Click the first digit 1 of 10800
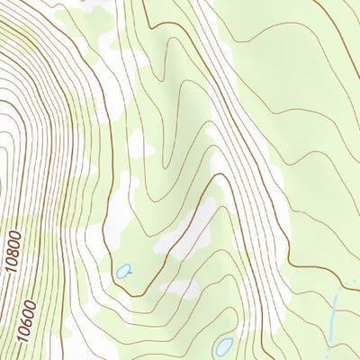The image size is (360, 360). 14,270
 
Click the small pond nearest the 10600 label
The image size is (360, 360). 122,270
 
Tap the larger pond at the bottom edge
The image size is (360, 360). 223,346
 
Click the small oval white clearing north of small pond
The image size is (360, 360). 137,144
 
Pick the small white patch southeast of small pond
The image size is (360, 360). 180,288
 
